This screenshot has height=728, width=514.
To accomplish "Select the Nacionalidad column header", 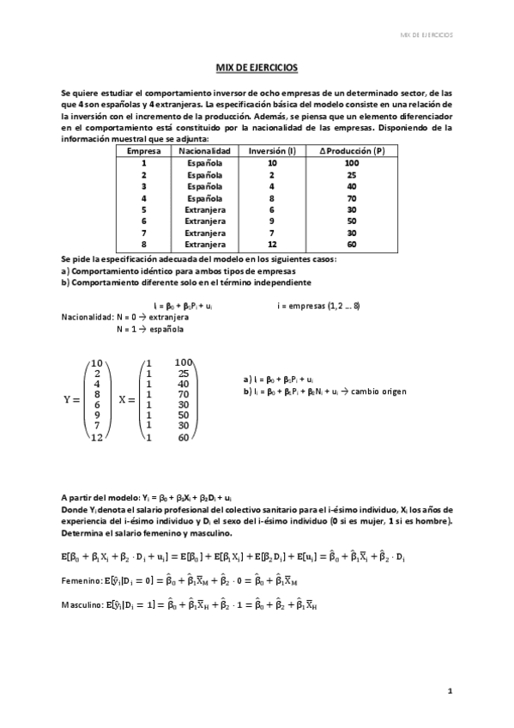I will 203,150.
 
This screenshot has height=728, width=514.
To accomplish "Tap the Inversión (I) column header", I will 271,150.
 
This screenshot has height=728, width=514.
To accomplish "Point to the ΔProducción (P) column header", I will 351,150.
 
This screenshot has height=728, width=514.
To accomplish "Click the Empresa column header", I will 143,150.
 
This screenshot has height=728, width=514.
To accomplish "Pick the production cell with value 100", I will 351,162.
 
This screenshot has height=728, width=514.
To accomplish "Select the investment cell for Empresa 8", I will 271,245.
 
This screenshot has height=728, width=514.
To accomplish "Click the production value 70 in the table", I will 351,197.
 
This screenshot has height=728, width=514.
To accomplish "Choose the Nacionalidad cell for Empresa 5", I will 203,209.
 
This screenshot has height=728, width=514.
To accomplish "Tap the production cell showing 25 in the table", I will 351,174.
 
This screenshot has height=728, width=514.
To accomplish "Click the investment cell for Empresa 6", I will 271,221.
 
